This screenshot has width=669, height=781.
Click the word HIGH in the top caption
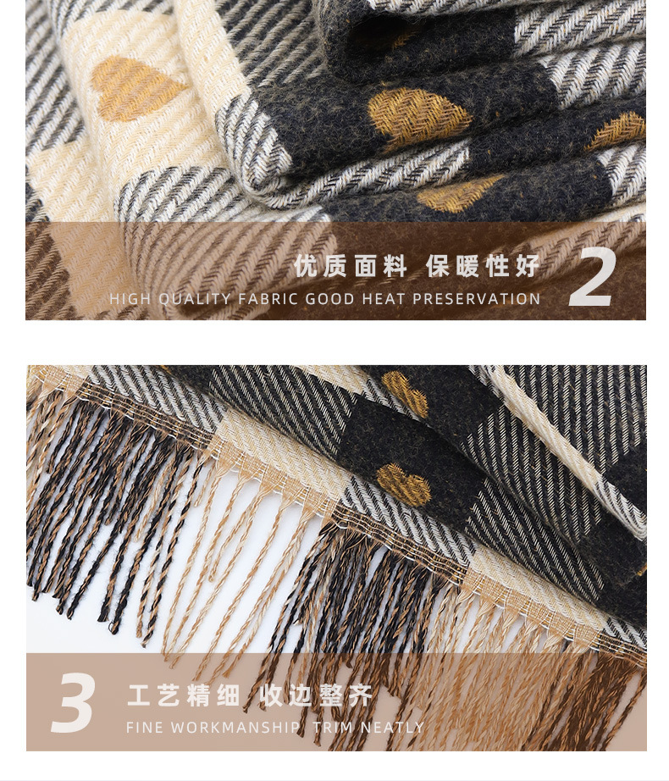(x=130, y=299)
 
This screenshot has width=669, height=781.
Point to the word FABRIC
(x=268, y=299)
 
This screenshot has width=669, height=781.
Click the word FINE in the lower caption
(x=146, y=728)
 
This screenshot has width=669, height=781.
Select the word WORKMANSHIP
(x=235, y=728)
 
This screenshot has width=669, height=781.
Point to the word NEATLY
(x=392, y=728)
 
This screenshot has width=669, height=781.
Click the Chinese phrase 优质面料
(x=351, y=266)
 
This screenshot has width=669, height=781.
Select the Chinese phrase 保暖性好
(x=483, y=266)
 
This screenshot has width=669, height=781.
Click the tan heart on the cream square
(x=133, y=88)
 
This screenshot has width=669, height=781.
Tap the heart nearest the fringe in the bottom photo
(x=404, y=485)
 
